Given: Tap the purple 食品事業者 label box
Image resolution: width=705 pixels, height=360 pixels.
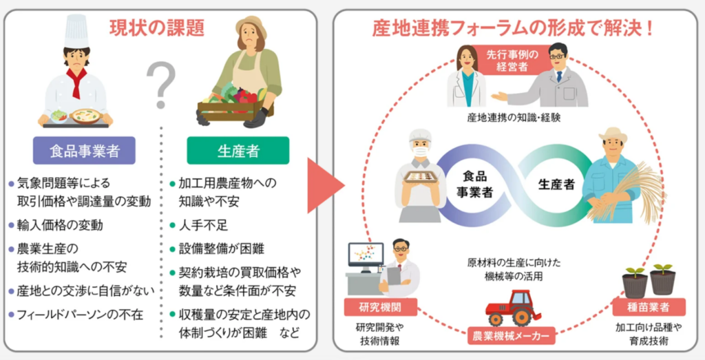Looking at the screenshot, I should point(84,151).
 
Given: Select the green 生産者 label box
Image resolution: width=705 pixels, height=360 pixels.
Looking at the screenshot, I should point(238,151).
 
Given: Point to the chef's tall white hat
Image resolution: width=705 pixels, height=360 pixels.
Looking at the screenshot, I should point(76,31).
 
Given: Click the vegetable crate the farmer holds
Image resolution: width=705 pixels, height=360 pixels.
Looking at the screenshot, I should point(234,109).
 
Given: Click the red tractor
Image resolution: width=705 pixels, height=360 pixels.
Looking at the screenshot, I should point(514,308).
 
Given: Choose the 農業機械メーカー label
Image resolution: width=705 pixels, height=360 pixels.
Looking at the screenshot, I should point(511,336).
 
